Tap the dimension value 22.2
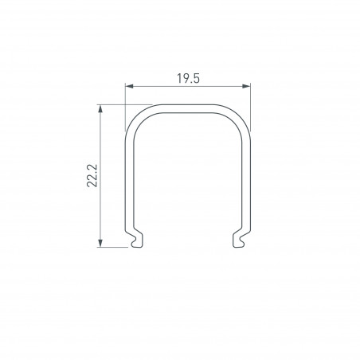click(92, 174)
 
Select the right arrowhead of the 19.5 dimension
click(247, 87)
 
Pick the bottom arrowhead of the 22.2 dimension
click(101, 242)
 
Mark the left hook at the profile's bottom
click(135, 239)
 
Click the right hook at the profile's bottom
click(240, 239)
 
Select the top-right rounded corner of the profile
click(240, 115)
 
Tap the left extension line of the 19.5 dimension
click(126, 96)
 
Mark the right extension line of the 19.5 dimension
click(251, 96)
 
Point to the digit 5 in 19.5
click(195, 78)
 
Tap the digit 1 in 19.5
click(176, 78)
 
